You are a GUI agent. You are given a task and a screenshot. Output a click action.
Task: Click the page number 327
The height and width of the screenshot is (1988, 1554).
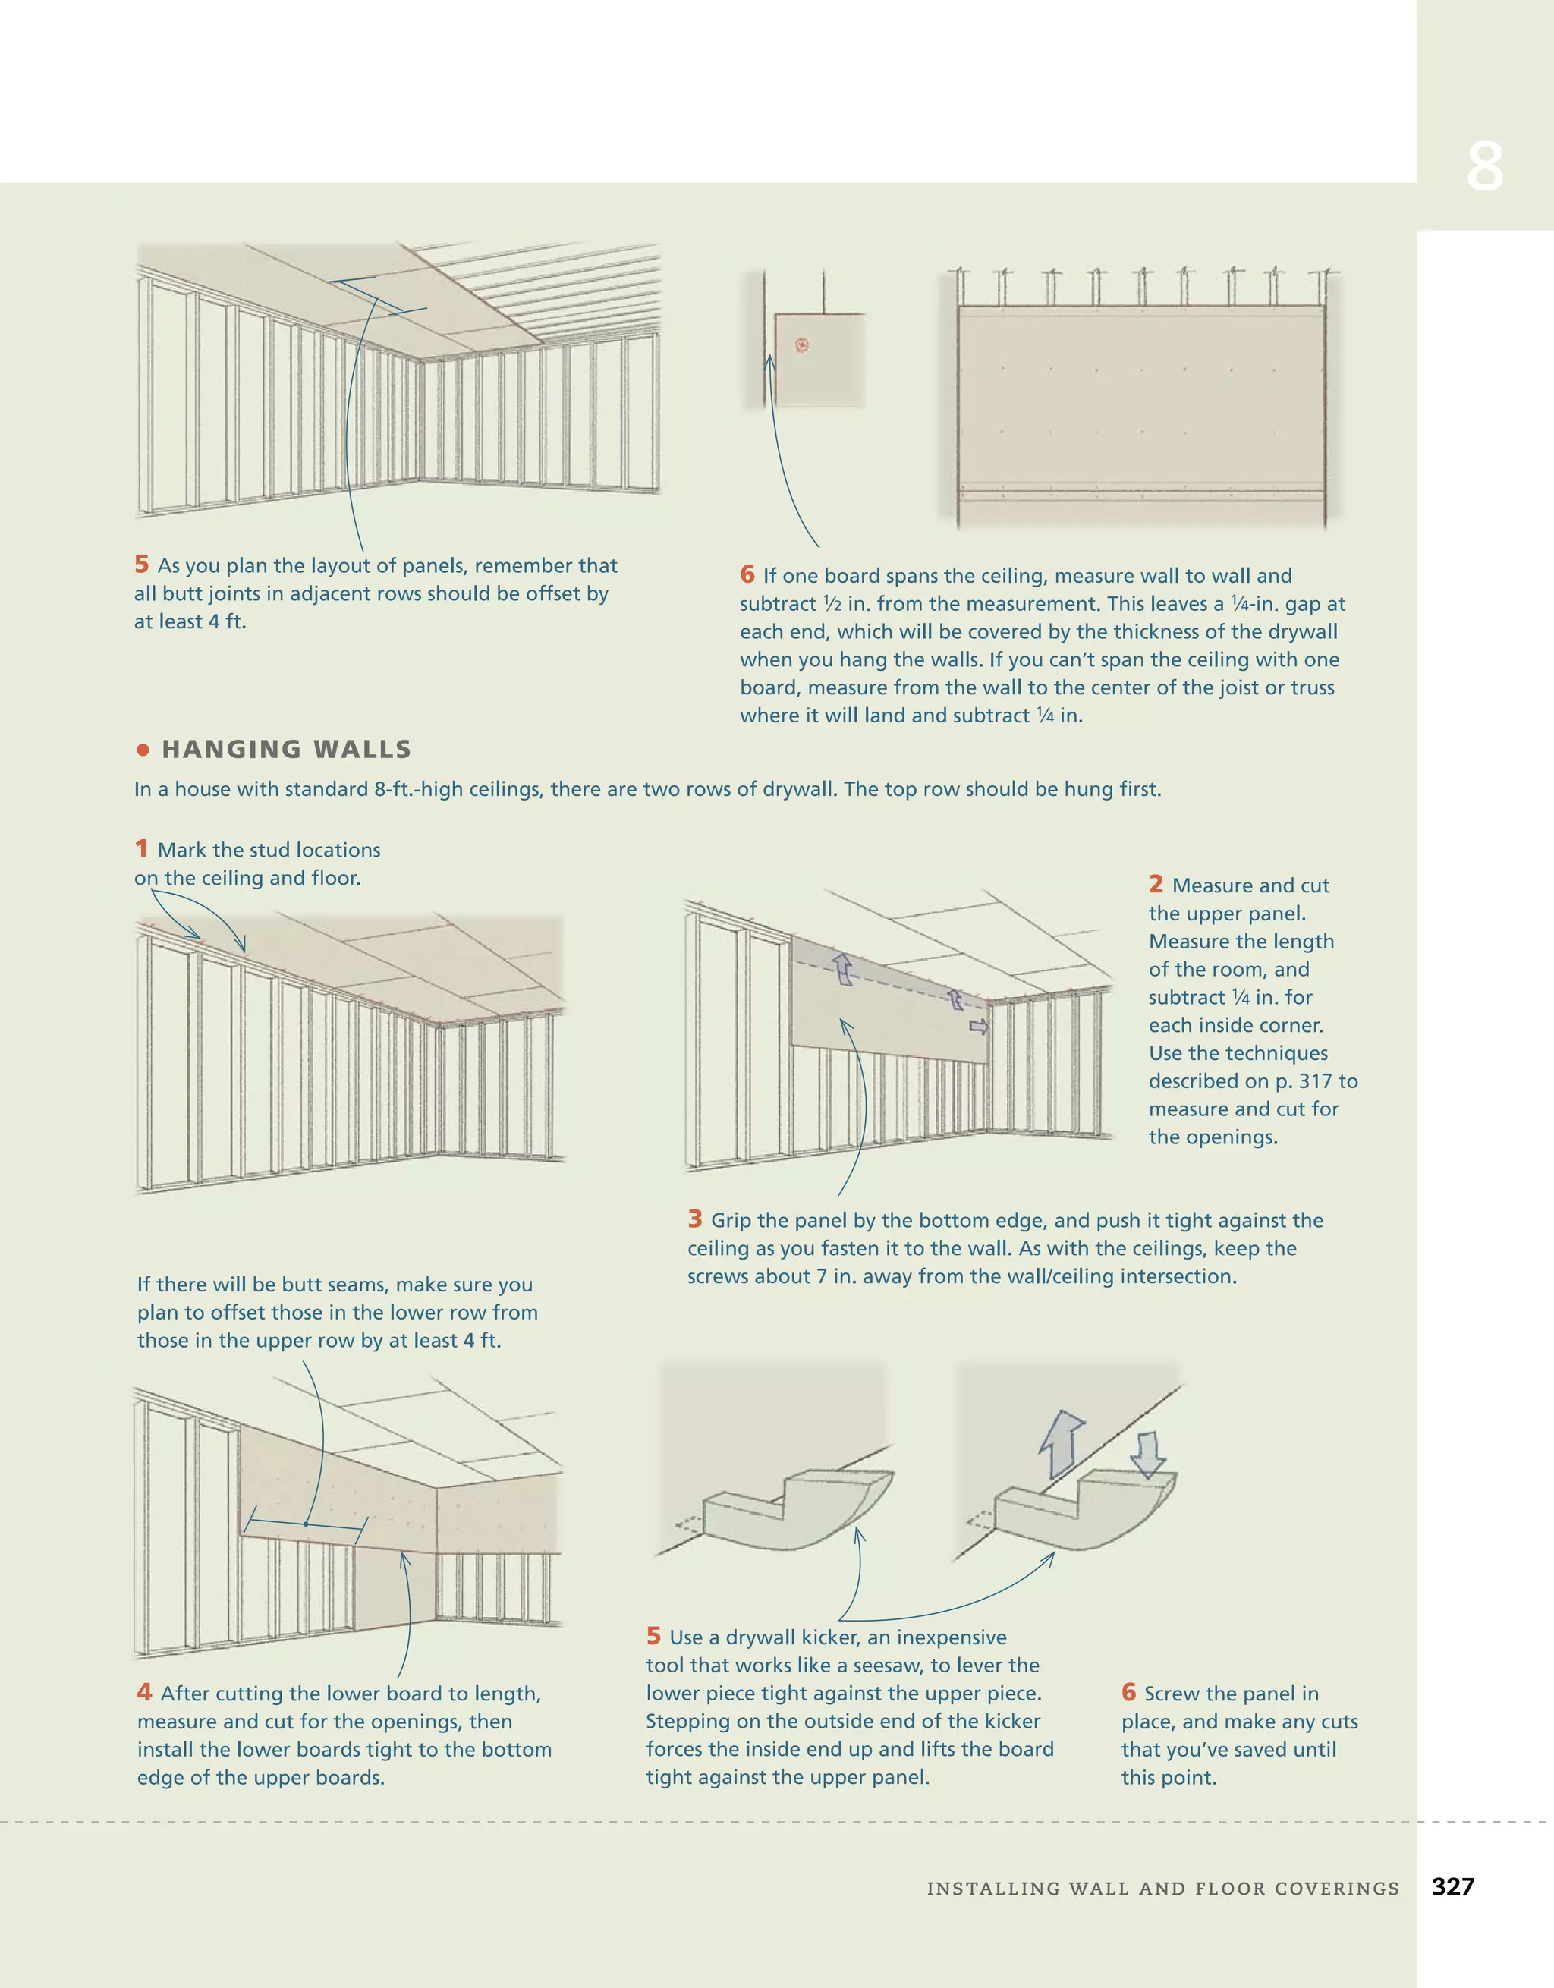(x=1452, y=1886)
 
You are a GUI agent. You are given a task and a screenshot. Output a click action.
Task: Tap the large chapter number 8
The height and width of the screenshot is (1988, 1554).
(x=1484, y=167)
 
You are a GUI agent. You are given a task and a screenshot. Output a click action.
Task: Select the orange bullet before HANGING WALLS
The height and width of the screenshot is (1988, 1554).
(x=142, y=750)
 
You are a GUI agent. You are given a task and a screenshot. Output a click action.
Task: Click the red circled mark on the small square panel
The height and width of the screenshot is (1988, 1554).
(x=802, y=344)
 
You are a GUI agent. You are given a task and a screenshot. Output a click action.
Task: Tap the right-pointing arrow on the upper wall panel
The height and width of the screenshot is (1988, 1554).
(x=979, y=1027)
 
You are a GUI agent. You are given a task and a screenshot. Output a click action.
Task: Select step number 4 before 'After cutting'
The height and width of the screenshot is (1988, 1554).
(x=144, y=1692)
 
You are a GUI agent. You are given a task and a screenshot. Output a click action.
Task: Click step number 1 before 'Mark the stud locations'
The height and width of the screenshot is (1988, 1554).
(x=141, y=848)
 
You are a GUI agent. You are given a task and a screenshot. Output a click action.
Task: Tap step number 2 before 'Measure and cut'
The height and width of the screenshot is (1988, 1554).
(x=1156, y=884)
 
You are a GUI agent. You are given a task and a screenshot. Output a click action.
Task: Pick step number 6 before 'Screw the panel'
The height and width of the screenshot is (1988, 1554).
(x=1129, y=1692)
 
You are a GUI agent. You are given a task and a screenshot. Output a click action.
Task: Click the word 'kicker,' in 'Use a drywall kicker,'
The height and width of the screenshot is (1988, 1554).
(x=830, y=1637)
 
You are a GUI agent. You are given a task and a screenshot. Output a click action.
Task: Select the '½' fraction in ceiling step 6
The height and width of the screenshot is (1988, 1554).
(x=832, y=603)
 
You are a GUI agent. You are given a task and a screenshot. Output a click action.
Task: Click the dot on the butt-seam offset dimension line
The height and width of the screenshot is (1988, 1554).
(x=307, y=1523)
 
